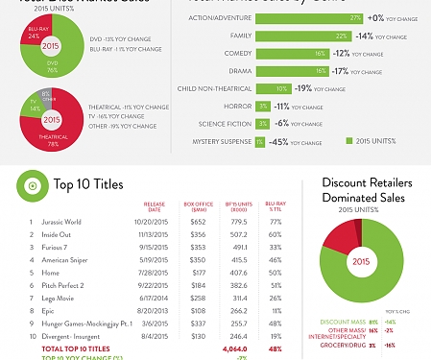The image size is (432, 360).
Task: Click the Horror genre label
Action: (236, 106)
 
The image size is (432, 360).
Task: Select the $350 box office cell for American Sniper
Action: (198, 259)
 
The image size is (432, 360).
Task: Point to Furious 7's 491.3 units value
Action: (236, 247)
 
